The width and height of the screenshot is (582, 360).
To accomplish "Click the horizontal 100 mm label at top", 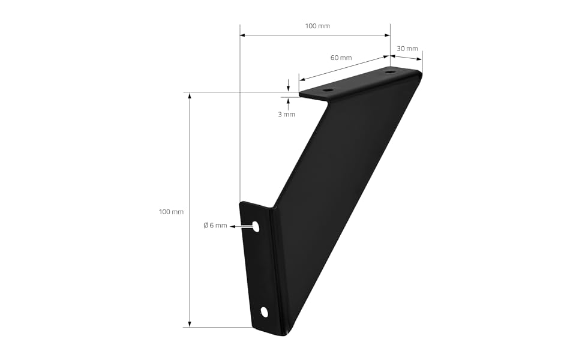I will coord(317,26).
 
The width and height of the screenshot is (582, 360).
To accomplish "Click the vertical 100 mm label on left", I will coord(171,212).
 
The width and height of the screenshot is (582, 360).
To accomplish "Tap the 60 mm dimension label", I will coord(341,58).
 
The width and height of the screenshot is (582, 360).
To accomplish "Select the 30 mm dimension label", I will coord(407,49).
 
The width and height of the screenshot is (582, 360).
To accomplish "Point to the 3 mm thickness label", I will coord(286,114).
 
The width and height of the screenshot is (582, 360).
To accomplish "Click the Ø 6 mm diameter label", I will coord(215,226).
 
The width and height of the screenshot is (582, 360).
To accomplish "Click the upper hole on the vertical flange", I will coord(256,226).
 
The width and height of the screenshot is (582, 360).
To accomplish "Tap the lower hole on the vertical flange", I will coord(264,311).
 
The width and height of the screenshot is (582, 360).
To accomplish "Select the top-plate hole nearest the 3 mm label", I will coord(327,91).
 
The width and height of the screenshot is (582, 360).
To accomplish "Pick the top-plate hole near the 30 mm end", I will coord(391,73).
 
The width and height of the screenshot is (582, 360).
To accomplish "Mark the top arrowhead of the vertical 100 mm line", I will coord(190,95).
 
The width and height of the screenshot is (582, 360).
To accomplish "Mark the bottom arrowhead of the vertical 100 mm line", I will coord(190,324).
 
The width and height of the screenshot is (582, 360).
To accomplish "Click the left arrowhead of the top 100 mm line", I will coord(243,35).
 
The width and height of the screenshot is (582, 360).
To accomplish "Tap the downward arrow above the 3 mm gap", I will coord(289,89).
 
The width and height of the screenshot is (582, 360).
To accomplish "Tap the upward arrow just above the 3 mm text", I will coord(289,100).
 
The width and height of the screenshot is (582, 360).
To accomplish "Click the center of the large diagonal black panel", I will coord(339,198).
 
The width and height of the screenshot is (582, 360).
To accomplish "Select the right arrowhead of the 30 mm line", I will coord(419,59).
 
